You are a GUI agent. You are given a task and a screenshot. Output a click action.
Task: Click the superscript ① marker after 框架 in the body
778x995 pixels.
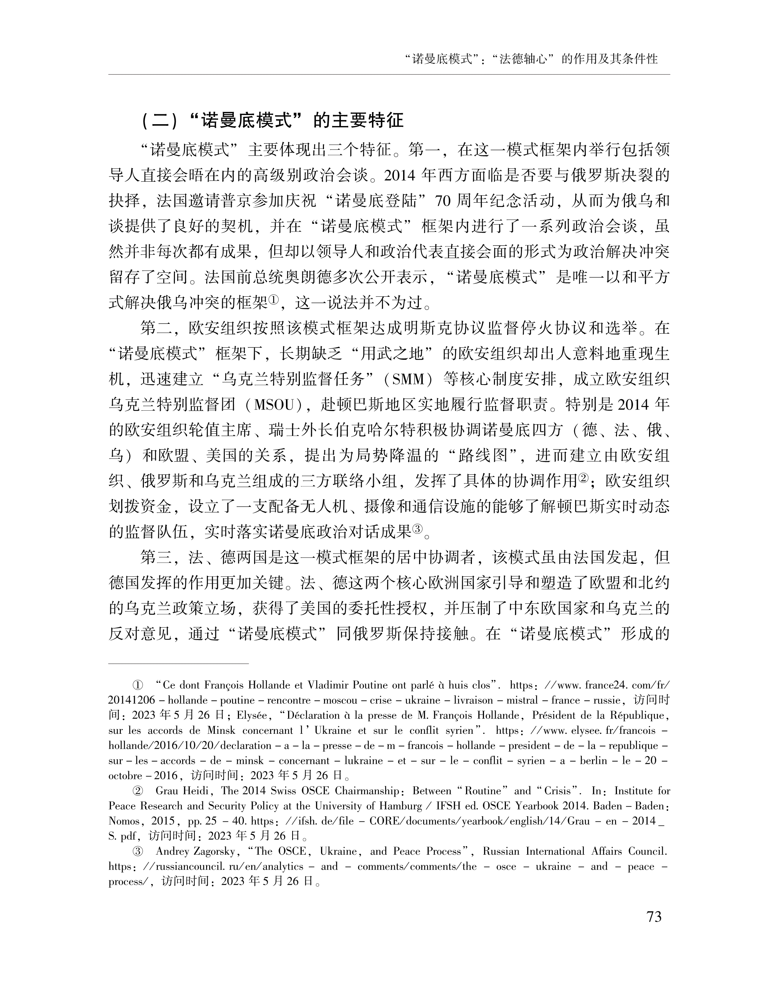(273, 300)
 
